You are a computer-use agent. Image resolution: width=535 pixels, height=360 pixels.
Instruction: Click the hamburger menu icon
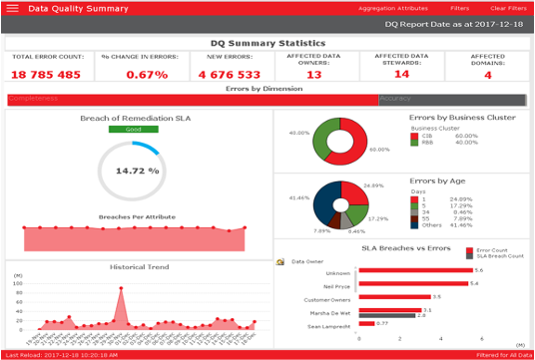point(12,8)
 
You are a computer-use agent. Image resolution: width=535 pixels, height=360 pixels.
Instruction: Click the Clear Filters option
point(508,8)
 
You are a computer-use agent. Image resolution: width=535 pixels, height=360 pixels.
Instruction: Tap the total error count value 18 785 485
point(46,75)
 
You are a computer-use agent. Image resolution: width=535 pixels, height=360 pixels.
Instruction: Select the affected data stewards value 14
point(401,74)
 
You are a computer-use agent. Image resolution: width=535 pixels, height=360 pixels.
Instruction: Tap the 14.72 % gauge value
point(138,171)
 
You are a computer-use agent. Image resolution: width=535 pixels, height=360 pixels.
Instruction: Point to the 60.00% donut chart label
point(379,150)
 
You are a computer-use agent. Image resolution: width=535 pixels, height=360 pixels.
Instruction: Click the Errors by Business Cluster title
point(462,118)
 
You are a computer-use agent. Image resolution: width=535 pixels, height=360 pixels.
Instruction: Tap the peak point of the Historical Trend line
point(122,289)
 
